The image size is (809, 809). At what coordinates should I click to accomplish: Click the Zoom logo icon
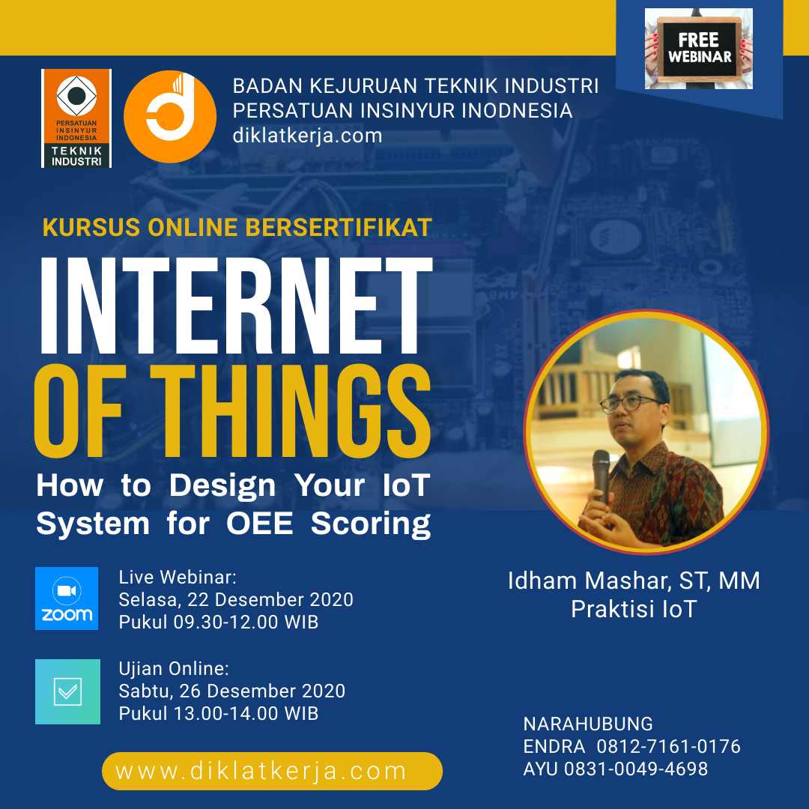coord(67,599)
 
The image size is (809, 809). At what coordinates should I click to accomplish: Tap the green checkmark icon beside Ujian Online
coord(67,691)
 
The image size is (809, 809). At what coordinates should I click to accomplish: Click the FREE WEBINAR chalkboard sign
coord(699,49)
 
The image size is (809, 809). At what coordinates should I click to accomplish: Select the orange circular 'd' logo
coord(170,117)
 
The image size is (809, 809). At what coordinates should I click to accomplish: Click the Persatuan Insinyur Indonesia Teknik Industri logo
coord(76,118)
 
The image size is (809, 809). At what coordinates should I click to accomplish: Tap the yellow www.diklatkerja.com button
coord(272,771)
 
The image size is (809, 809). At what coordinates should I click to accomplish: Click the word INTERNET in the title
coord(236,305)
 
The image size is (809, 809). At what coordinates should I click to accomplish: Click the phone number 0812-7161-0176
coord(669,747)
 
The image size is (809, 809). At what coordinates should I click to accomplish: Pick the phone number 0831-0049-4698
coord(636,769)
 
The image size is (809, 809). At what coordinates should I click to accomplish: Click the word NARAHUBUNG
coord(588,724)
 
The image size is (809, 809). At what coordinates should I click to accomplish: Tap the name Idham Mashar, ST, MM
coord(634,581)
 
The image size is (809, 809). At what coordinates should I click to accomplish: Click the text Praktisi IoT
coord(634,609)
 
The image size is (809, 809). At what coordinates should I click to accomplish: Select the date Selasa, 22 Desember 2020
coord(236,599)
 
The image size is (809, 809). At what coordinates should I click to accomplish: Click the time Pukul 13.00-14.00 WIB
coord(219,714)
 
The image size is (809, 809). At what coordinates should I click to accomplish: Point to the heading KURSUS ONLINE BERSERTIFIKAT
coord(237,228)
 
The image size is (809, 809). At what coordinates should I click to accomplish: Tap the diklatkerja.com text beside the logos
coord(308,136)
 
